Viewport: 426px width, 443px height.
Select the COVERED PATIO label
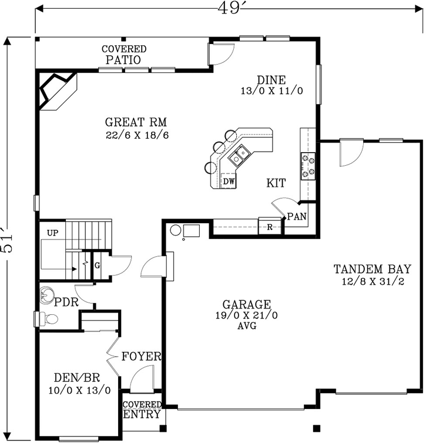(x=123, y=55)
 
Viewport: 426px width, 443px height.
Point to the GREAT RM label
(x=136, y=123)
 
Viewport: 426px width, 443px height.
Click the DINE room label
(x=271, y=80)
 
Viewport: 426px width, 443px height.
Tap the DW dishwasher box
(x=229, y=182)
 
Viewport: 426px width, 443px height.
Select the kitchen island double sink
(x=239, y=156)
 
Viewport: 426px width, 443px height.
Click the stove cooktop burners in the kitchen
(x=308, y=165)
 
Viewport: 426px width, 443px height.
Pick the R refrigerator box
(x=269, y=226)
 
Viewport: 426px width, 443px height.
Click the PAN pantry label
(x=297, y=217)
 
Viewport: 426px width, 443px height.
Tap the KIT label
(x=276, y=184)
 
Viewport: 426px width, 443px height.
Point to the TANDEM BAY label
(x=372, y=270)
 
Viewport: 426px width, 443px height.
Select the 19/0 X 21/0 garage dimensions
(x=246, y=316)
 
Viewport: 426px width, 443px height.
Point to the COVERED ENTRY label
(x=143, y=410)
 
